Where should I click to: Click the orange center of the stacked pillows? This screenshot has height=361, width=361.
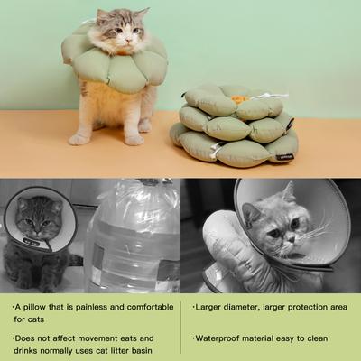click(238, 96)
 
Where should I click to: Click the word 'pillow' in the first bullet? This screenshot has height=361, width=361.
click(40, 307)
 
